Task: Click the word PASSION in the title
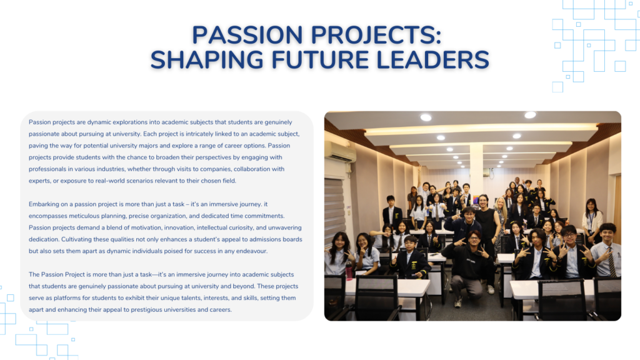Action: point(247,35)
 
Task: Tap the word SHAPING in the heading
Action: point(207,60)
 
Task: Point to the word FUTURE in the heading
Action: point(320,60)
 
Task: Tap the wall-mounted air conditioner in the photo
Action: point(341,151)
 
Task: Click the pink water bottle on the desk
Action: point(349,271)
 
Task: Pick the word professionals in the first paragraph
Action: point(47,169)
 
